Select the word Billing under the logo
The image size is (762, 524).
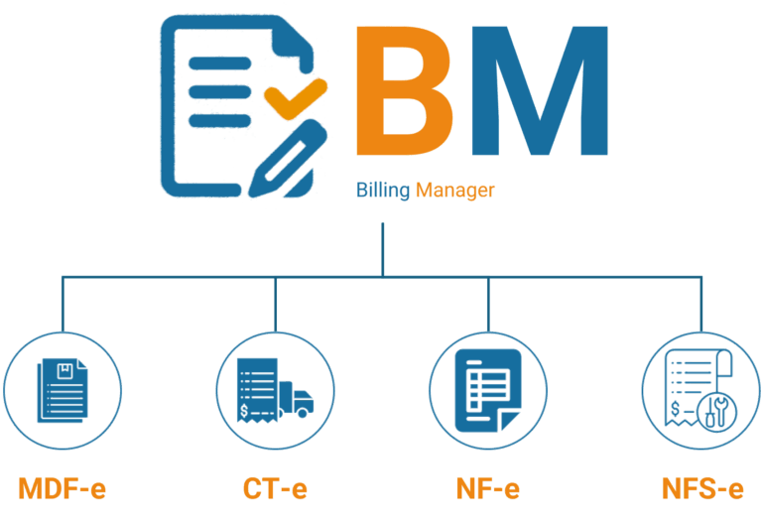click(383, 190)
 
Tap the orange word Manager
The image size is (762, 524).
click(454, 190)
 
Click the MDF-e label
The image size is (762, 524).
click(63, 489)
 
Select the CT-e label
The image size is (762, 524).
click(275, 489)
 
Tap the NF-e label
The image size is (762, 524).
click(487, 489)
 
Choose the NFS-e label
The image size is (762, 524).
click(701, 489)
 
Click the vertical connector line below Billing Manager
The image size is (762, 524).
click(381, 248)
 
